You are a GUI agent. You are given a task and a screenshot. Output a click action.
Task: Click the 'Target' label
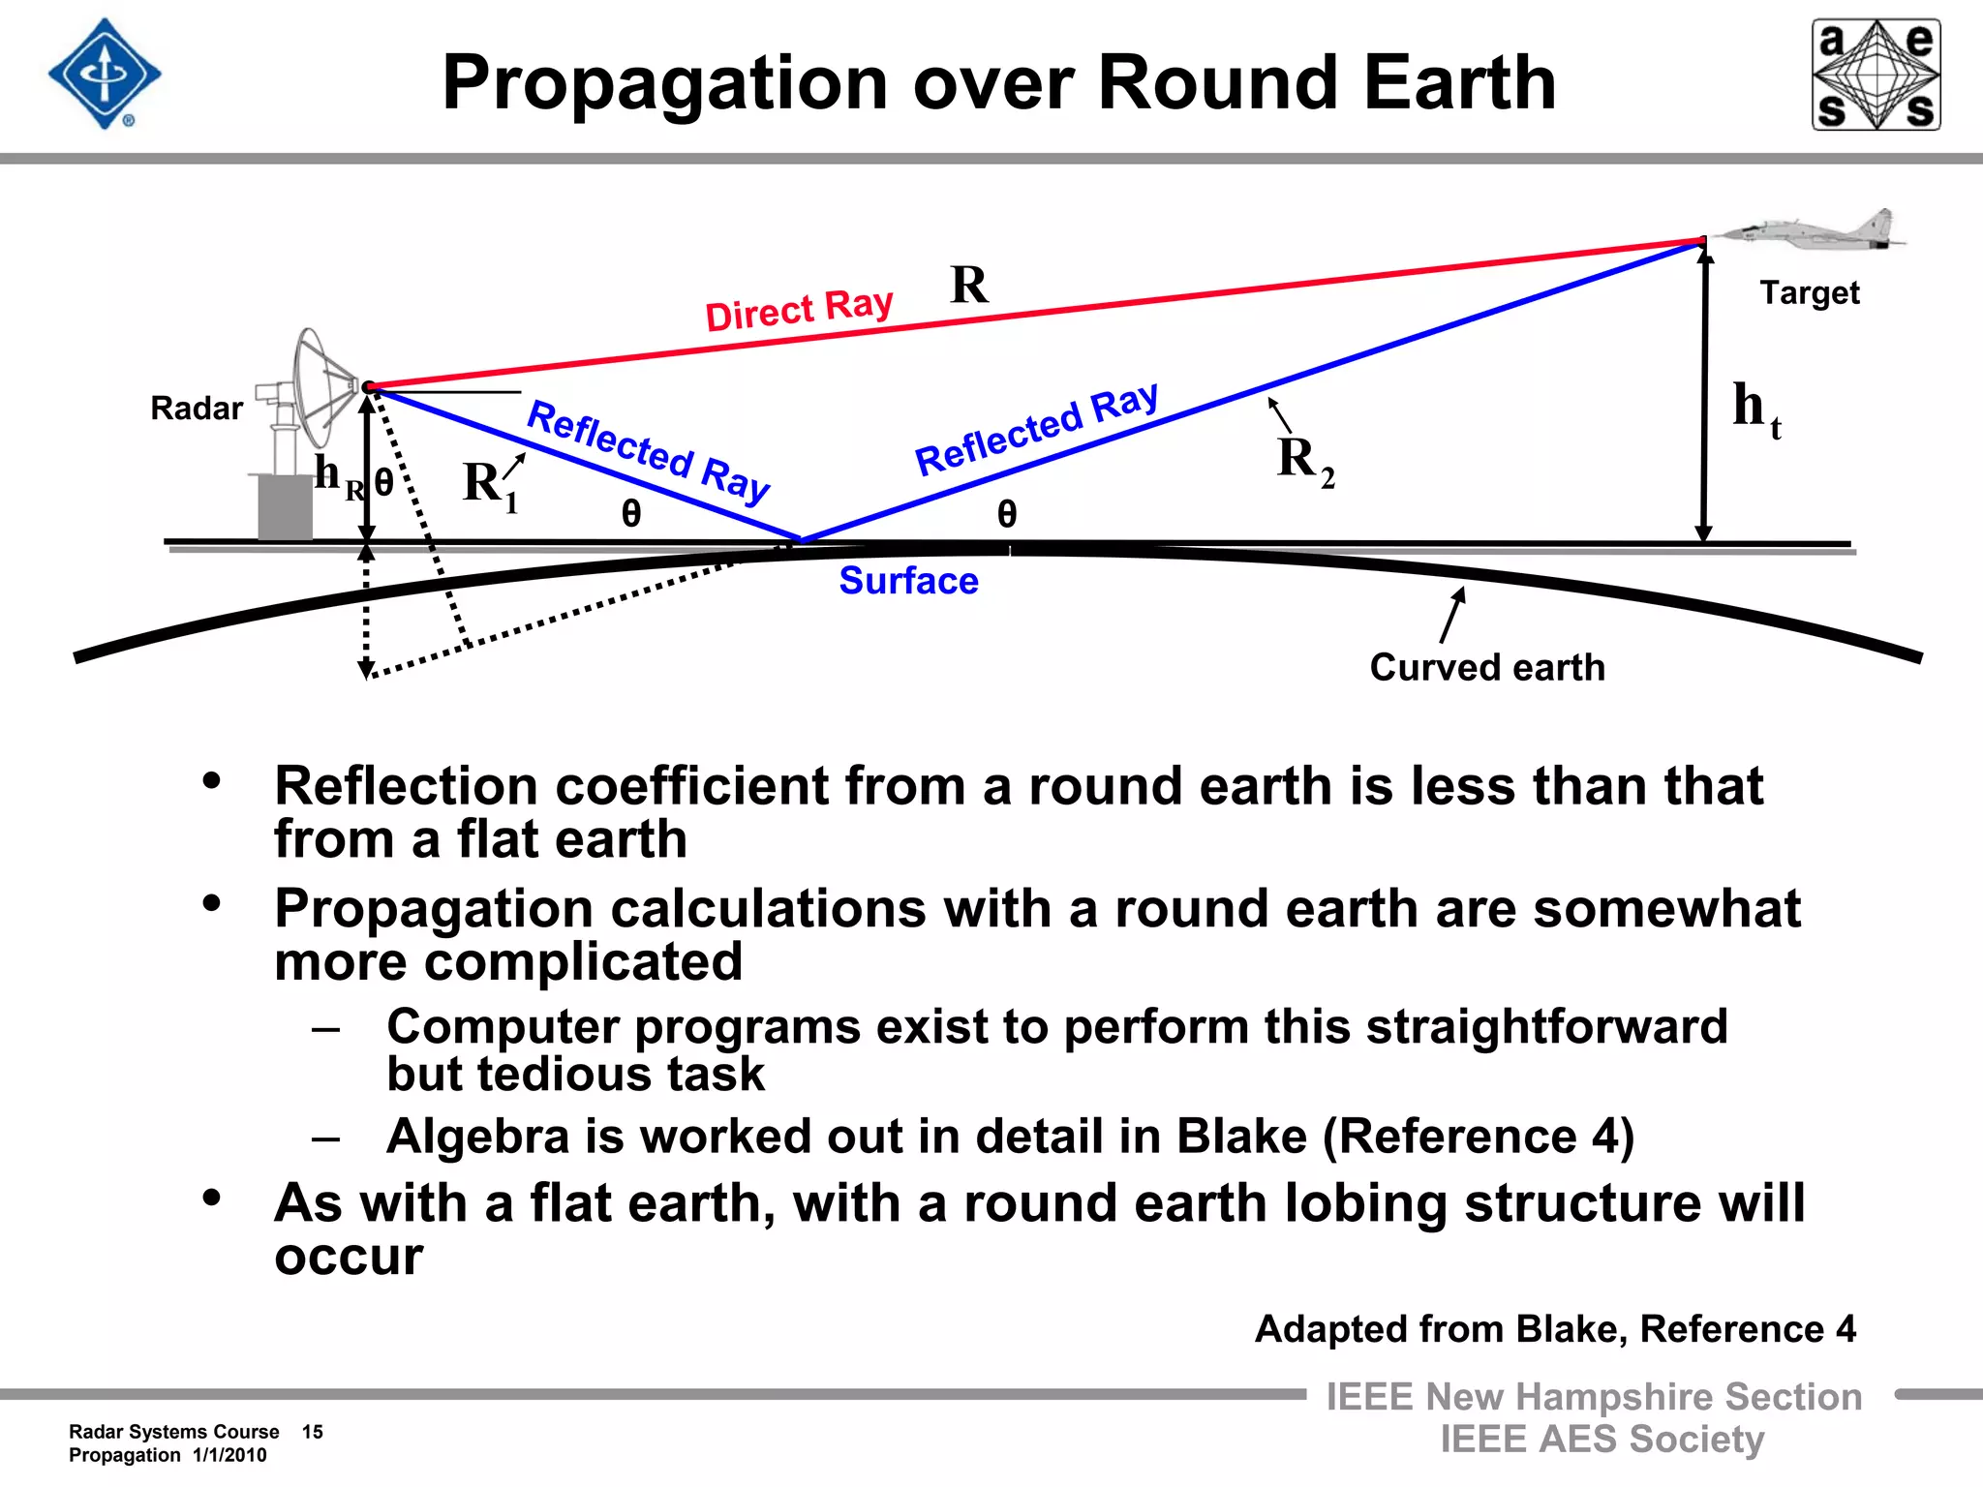click(x=1809, y=292)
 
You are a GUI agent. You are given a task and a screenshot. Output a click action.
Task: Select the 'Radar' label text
click(x=196, y=409)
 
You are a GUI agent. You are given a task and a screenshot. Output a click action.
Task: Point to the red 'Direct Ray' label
click(x=799, y=310)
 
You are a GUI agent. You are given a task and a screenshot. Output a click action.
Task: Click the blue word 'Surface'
click(x=908, y=581)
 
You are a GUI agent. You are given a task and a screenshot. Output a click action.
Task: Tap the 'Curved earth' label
click(x=1487, y=668)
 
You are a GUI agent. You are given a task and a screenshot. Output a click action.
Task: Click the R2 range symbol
click(x=1303, y=460)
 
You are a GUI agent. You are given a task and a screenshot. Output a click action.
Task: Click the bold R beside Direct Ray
click(x=969, y=286)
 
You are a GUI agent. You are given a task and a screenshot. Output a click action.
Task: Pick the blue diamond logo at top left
click(x=105, y=75)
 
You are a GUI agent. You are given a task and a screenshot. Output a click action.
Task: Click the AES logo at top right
click(x=1876, y=75)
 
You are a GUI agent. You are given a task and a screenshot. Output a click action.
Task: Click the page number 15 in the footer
click(x=312, y=1432)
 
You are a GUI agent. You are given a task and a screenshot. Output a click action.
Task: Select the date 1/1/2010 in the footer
click(x=229, y=1455)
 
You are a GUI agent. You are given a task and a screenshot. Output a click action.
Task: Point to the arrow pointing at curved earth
click(x=1451, y=615)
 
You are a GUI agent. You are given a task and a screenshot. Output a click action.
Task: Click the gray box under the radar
click(x=285, y=506)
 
